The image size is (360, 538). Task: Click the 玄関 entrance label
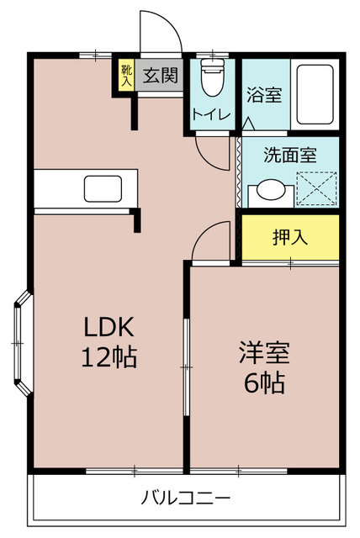coord(161,76)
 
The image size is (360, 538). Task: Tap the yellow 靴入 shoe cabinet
coord(126,75)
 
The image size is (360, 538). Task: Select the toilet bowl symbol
coord(213,77)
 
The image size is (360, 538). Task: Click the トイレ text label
coord(211,114)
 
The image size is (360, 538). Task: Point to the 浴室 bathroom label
coord(264,95)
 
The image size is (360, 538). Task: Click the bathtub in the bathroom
coord(315,94)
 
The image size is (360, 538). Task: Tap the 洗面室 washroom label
coord(290,155)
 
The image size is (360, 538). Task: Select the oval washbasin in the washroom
coord(271,190)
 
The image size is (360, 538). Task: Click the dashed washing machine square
coord(316,189)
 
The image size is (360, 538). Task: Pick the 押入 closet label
coord(290,237)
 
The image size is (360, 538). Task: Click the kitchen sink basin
coord(103,188)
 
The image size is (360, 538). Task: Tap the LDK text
coord(109,327)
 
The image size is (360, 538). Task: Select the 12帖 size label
coord(109,357)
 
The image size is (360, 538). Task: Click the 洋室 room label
coord(264,352)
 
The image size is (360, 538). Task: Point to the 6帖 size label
coord(264,382)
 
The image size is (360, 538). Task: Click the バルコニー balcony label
coord(186,497)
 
